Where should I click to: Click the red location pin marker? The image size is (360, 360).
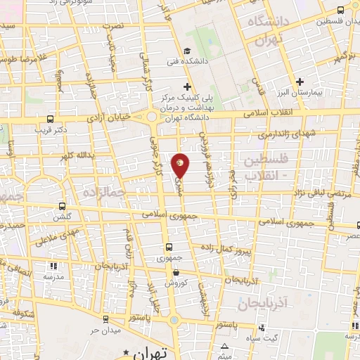pyautogui.click(x=181, y=165)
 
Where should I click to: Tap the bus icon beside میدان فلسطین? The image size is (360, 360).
pyautogui.click(x=340, y=10)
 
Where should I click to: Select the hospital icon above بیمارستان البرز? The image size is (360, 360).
pyautogui.click(x=302, y=82)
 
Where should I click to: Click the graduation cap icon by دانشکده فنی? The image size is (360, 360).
pyautogui.click(x=187, y=51)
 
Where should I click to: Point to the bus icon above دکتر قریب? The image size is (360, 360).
pyautogui.click(x=49, y=120)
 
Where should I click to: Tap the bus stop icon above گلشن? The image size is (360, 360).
pyautogui.click(x=63, y=207)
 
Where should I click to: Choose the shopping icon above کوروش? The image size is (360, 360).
pyautogui.click(x=175, y=273)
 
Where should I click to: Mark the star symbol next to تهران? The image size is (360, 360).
pyautogui.click(x=127, y=351)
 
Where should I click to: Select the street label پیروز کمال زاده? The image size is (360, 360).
pyautogui.click(x=241, y=251)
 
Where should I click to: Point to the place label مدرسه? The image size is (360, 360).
pyautogui.click(x=53, y=276)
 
